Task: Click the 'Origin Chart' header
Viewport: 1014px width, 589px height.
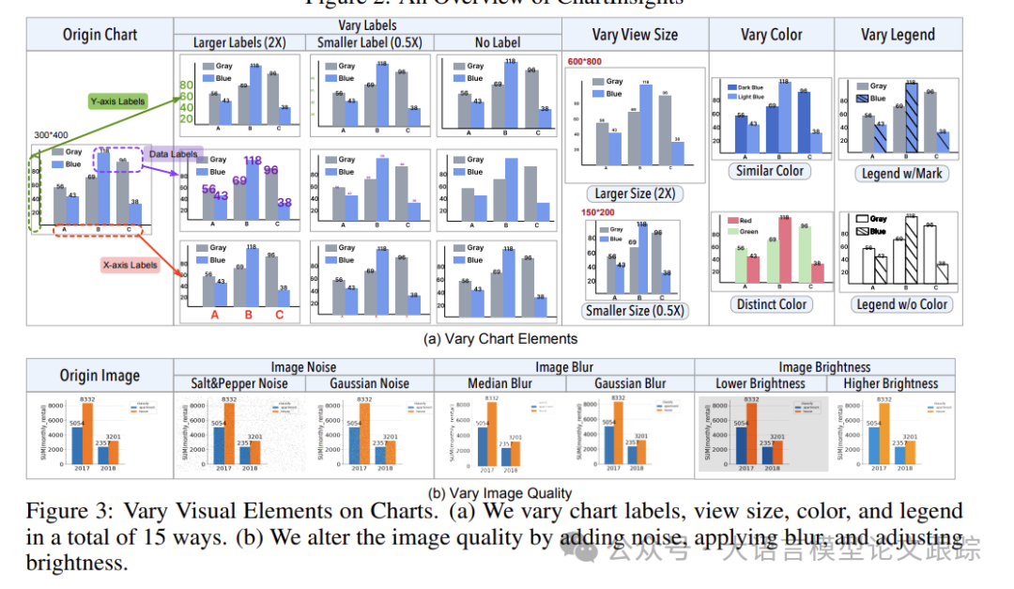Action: (100, 35)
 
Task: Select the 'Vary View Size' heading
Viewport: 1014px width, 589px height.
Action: (635, 35)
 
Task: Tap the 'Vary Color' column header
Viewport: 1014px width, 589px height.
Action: (771, 35)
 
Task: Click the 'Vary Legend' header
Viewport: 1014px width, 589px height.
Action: (898, 35)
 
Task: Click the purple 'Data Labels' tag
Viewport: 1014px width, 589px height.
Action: (173, 153)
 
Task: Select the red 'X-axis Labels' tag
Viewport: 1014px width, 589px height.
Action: (130, 265)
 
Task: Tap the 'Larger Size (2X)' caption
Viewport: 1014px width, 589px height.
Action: (635, 194)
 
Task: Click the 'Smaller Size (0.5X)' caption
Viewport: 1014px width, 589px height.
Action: (635, 311)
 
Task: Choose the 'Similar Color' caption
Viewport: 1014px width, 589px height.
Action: (769, 171)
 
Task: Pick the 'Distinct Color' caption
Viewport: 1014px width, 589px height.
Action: (770, 304)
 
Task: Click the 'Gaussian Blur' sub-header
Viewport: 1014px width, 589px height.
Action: (631, 383)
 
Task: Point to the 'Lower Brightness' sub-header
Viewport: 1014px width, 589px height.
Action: (760, 383)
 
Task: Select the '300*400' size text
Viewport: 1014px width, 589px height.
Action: (51, 134)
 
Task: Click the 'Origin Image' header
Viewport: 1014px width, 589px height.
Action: (100, 376)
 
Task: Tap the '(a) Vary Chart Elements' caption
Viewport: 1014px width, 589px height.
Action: (502, 338)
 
